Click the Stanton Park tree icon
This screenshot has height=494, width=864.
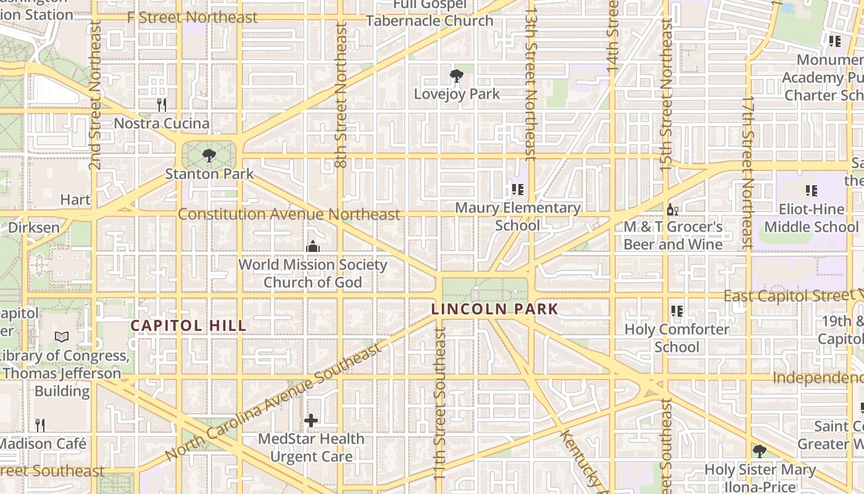[x=209, y=155]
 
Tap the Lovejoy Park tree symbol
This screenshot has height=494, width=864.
[x=457, y=77]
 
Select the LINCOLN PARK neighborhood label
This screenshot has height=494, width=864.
[x=494, y=309]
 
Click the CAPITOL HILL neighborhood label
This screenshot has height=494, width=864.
[x=188, y=325]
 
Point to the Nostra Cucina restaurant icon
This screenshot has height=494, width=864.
[x=162, y=105]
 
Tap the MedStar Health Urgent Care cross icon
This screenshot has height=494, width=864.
[x=311, y=421]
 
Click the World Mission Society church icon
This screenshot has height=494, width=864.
[x=313, y=246]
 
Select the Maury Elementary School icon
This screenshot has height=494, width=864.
[x=517, y=190]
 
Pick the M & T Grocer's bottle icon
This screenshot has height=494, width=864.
[x=672, y=209]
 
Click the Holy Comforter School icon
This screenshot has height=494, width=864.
[x=677, y=311]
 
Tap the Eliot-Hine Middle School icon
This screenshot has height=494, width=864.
[x=811, y=191]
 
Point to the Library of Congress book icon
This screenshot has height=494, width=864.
[x=61, y=337]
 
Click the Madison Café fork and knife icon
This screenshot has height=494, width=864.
[x=40, y=425]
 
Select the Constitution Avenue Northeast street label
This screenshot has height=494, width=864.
[x=289, y=214]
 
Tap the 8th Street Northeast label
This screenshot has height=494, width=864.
[x=341, y=96]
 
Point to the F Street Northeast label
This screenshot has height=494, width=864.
[x=192, y=17]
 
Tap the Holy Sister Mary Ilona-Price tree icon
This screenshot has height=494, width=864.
[x=759, y=451]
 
